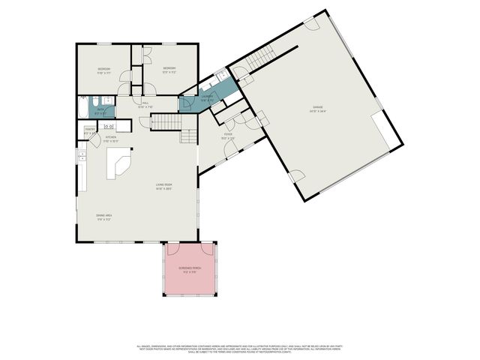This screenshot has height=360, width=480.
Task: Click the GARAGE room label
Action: tap(318, 108)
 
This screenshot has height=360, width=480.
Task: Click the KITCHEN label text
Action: tap(110, 137)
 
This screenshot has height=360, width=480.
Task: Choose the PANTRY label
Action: tap(89, 130)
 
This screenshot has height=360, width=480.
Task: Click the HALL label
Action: tap(145, 103)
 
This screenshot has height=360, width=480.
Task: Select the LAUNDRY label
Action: tap(208, 97)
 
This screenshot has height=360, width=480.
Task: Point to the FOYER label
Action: tap(228, 136)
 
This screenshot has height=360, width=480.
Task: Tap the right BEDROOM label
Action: tap(169, 69)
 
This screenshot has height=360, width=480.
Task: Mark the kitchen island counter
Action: tap(118, 163)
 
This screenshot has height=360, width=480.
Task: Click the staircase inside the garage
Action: tap(262, 57)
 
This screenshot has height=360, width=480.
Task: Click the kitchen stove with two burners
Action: tap(107, 127)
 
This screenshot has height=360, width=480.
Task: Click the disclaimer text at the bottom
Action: tap(240, 349)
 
